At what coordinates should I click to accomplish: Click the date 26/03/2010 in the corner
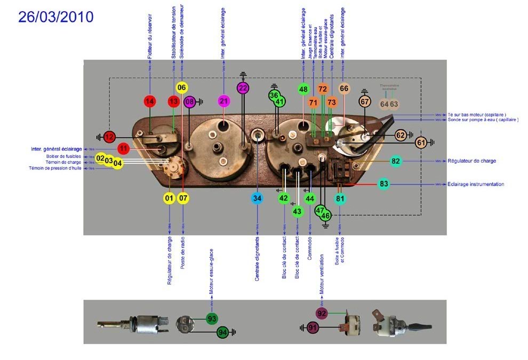coord(56,17)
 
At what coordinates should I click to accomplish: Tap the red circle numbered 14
coord(150,101)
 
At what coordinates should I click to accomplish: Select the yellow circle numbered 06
coord(182,87)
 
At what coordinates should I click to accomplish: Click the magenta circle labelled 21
coord(224,101)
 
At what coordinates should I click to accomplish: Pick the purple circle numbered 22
coord(243,88)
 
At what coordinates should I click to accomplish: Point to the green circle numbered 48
coord(303,89)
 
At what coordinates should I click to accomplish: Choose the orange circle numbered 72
coord(322,89)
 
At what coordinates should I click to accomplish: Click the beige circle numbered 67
coord(365,101)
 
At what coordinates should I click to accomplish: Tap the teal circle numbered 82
coord(396,161)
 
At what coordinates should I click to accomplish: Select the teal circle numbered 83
coord(384,184)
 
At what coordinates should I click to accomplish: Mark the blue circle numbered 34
coord(258,198)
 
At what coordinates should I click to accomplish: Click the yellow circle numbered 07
coord(183,198)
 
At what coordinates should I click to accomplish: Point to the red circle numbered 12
coord(109,137)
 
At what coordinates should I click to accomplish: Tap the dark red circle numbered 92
coord(322,313)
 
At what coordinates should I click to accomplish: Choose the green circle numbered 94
coord(223,332)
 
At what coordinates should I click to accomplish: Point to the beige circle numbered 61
coord(421,142)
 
